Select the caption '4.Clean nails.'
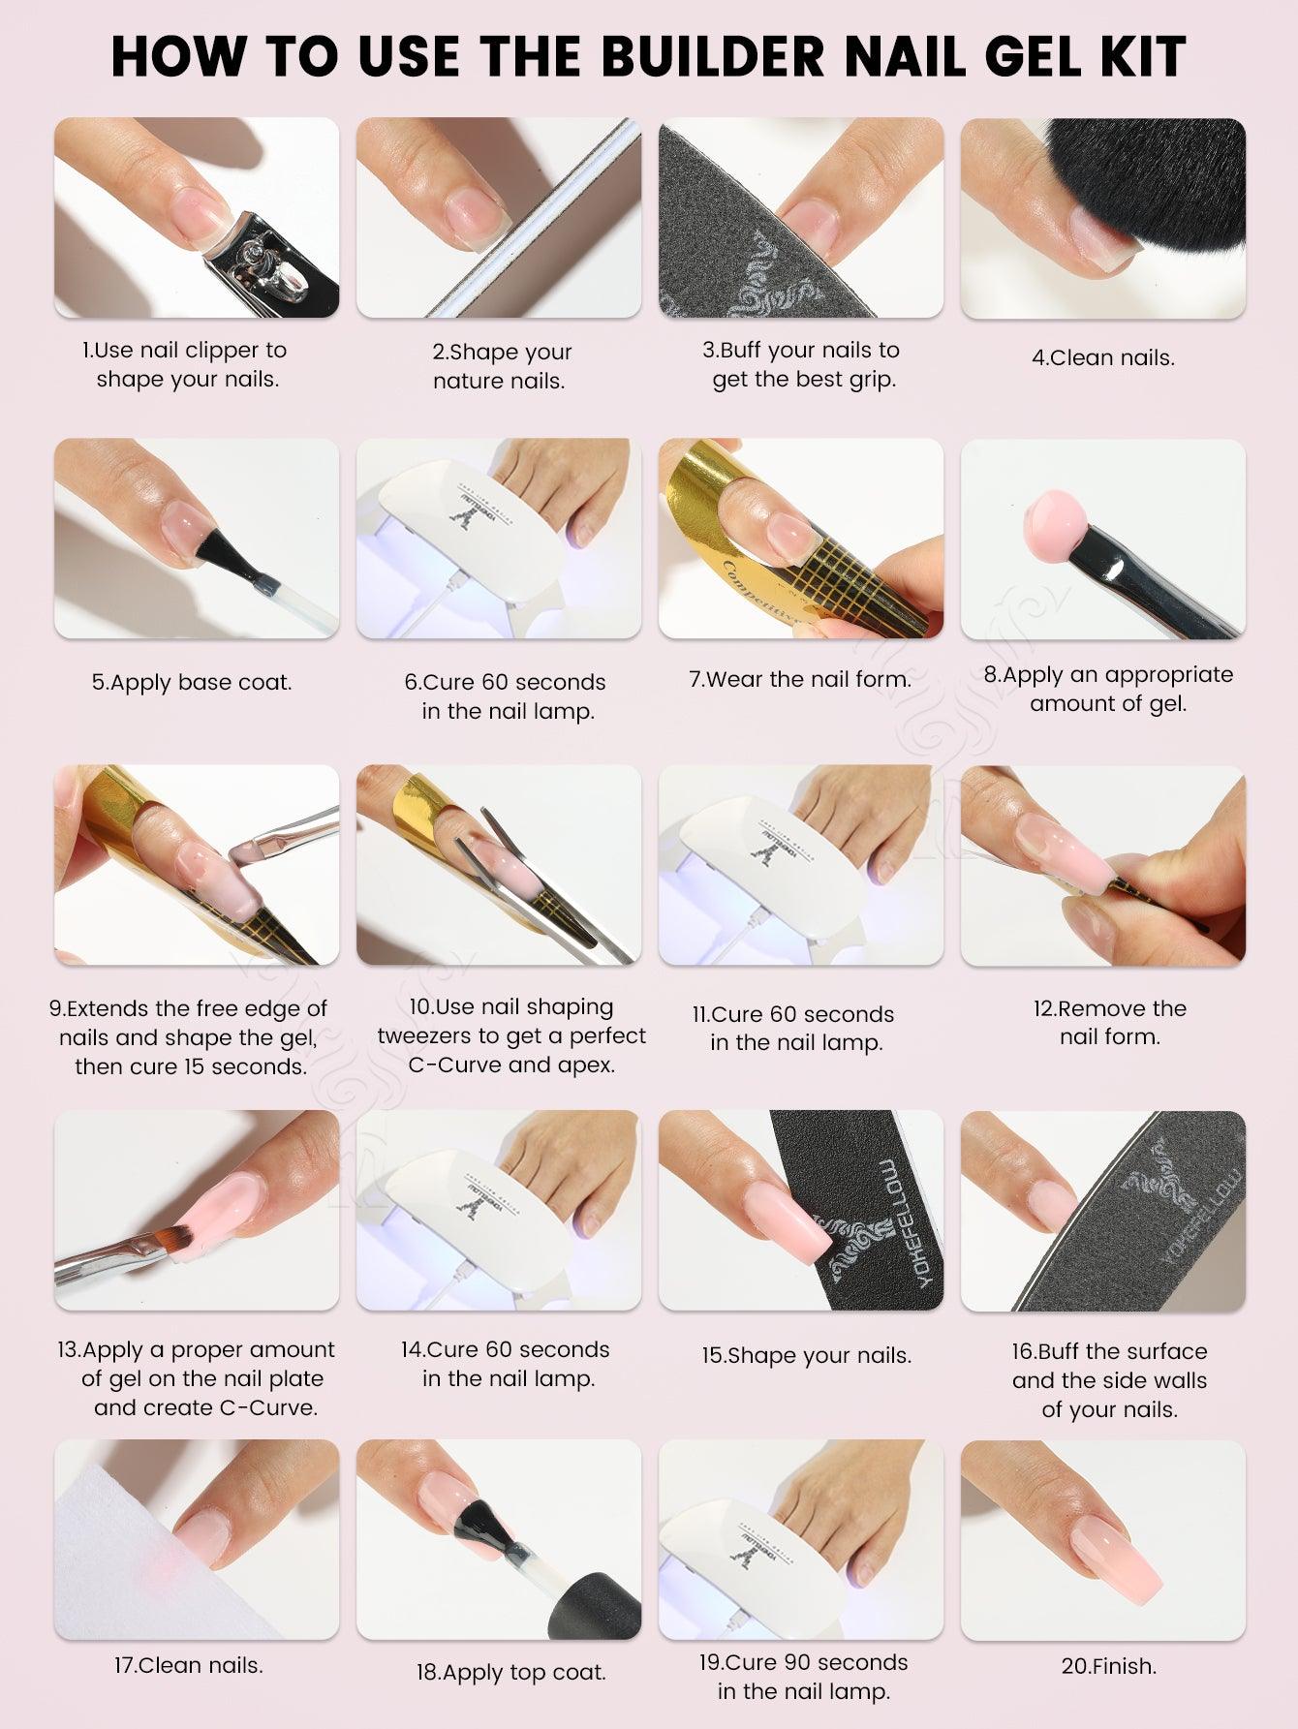click(x=1102, y=357)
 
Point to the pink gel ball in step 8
click(x=1059, y=524)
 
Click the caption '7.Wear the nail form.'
click(x=800, y=679)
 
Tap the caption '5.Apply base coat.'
click(x=192, y=682)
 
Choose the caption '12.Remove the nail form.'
click(x=1109, y=1022)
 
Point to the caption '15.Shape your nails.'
click(x=807, y=1355)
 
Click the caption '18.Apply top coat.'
click(x=511, y=1672)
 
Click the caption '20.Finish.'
click(x=1109, y=1666)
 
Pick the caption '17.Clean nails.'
click(x=189, y=1665)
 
